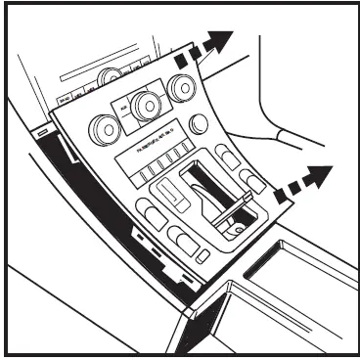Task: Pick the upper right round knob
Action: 182,90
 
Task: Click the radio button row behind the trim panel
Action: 78,98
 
